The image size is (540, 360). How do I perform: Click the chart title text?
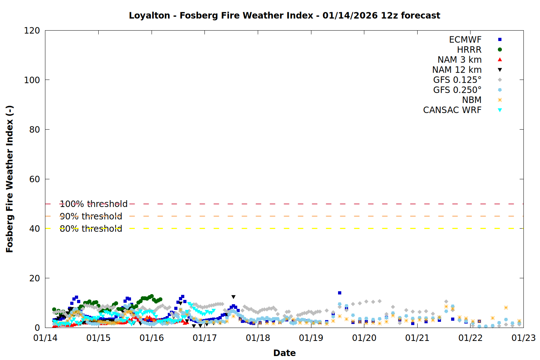(x=284, y=15)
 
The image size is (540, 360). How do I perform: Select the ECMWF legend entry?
(x=465, y=40)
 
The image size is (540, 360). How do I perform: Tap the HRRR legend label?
(x=469, y=50)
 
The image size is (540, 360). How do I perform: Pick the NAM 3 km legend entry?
(x=459, y=60)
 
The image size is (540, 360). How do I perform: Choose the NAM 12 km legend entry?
(x=457, y=70)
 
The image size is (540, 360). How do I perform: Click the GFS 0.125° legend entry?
(x=457, y=80)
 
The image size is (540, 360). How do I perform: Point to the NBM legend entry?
(x=472, y=100)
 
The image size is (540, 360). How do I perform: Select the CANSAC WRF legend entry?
(x=452, y=110)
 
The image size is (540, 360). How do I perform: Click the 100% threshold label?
(x=94, y=204)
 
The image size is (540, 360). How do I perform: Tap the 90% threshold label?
(x=91, y=216)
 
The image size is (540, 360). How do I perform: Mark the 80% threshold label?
(x=91, y=229)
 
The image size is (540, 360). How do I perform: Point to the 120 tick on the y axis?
(x=32, y=31)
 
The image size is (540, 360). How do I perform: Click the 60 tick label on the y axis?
(x=35, y=179)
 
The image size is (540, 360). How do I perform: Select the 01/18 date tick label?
(x=258, y=338)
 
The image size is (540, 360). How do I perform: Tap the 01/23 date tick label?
(x=523, y=338)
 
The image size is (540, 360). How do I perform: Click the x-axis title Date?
(x=284, y=353)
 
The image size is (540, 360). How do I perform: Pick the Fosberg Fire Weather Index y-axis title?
(x=10, y=179)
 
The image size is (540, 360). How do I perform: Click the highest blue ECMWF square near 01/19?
(x=339, y=293)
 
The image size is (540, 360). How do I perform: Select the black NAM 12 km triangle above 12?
(x=233, y=297)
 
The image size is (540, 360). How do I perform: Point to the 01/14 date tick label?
(x=45, y=338)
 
